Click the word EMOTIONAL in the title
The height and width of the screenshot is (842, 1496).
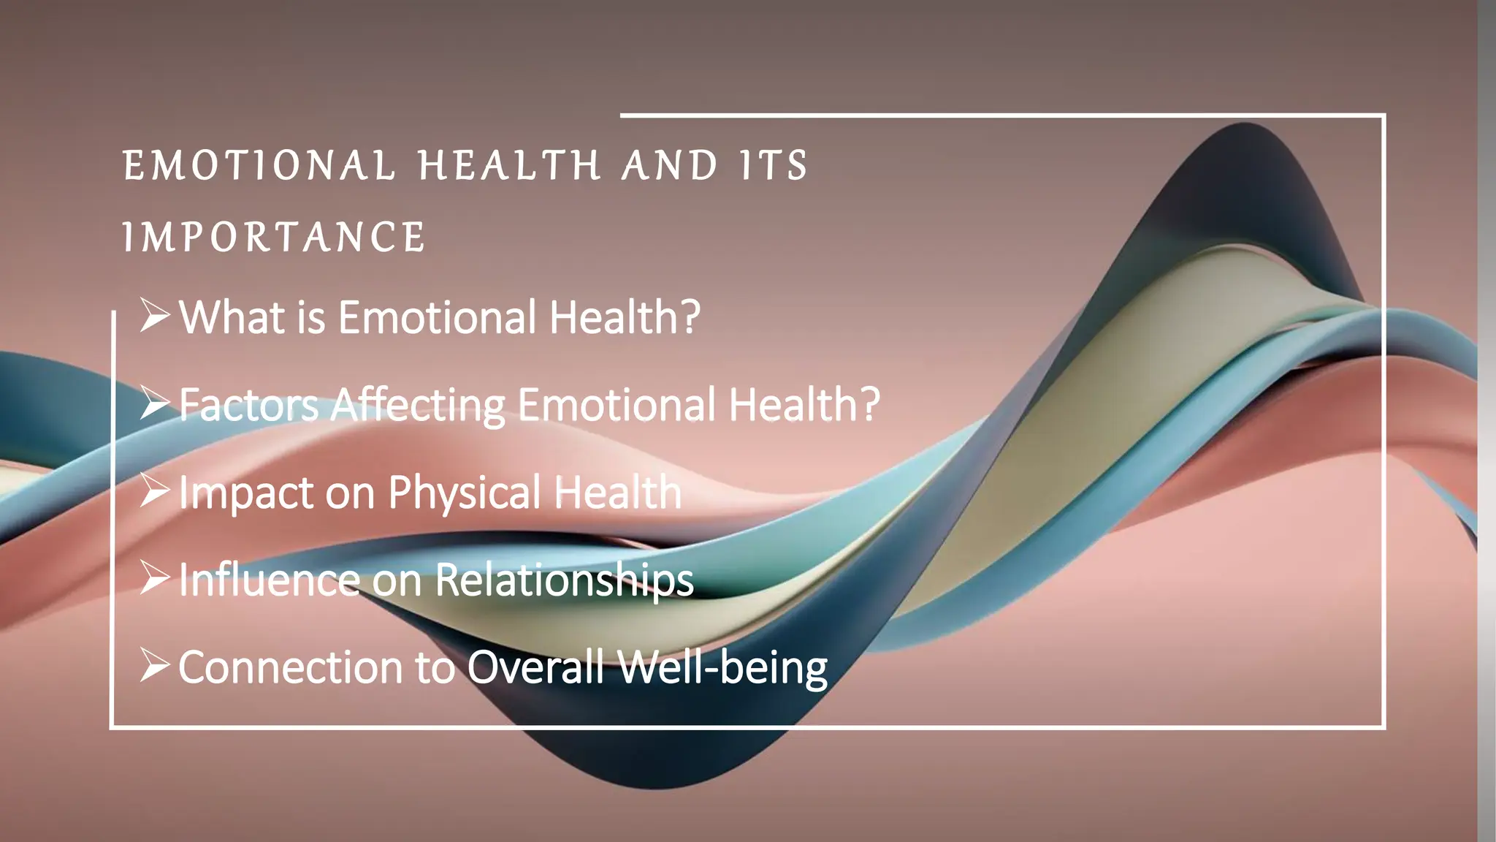coord(259,166)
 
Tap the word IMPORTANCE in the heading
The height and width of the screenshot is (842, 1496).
coord(274,238)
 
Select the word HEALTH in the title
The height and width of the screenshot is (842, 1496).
coord(510,166)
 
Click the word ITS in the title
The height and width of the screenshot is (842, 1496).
coord(773,166)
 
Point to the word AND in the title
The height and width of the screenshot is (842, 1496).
coord(670,166)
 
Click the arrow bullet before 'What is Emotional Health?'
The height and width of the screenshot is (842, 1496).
coord(155,316)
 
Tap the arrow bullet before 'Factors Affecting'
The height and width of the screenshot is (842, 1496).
coord(155,403)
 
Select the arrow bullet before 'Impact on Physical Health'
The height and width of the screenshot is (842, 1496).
coord(155,491)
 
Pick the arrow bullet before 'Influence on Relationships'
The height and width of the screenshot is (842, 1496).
coord(155,579)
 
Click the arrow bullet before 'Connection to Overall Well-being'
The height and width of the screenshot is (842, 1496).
coord(155,667)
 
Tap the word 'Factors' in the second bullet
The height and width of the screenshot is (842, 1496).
coord(249,405)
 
